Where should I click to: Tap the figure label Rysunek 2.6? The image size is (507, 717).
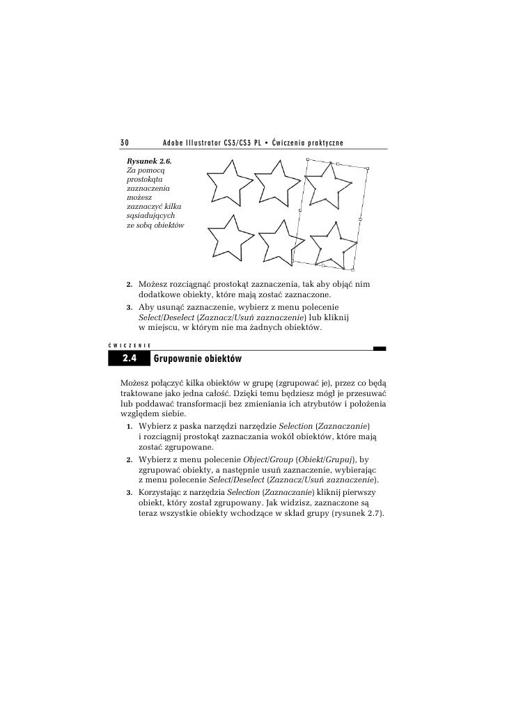coord(148,161)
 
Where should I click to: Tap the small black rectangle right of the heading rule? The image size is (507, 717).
coord(379,349)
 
